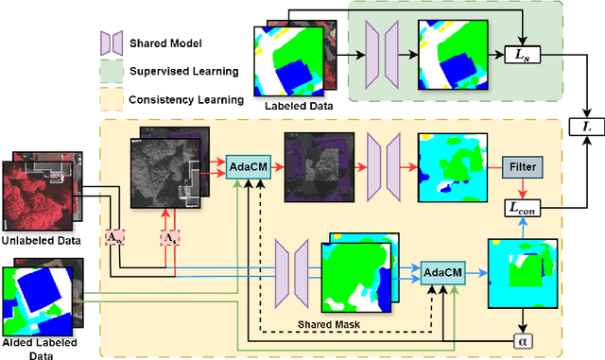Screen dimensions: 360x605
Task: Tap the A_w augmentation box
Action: (113, 235)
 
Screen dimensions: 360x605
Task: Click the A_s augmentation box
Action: (169, 235)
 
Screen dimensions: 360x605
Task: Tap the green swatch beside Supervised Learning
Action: (112, 70)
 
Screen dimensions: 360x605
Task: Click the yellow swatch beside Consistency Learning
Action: (112, 98)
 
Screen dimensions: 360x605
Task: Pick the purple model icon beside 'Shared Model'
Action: (112, 43)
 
